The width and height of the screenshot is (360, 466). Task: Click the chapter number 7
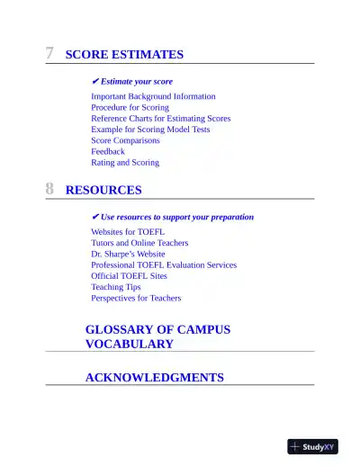tap(50, 54)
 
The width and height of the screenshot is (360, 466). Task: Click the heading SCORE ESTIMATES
tap(124, 55)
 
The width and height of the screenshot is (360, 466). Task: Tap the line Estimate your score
tap(136, 81)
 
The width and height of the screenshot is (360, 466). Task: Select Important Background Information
tap(153, 96)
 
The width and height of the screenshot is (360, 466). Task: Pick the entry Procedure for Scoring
tap(130, 107)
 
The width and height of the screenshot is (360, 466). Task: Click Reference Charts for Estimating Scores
tap(160, 118)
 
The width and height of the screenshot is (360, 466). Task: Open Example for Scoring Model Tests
tap(150, 130)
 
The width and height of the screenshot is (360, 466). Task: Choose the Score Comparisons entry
tap(125, 140)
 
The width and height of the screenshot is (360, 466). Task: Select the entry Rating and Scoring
tap(125, 163)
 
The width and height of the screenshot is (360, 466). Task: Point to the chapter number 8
tap(50, 190)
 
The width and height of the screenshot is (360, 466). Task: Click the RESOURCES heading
tap(103, 191)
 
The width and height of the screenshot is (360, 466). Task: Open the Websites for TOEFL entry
tap(128, 232)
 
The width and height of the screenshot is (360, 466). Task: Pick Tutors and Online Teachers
tap(139, 243)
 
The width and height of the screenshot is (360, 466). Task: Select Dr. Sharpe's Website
tap(128, 254)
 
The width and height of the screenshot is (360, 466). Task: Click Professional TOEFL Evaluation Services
tap(164, 265)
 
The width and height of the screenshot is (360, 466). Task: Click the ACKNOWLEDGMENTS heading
tap(154, 378)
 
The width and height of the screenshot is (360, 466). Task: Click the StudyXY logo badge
tap(312, 446)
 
